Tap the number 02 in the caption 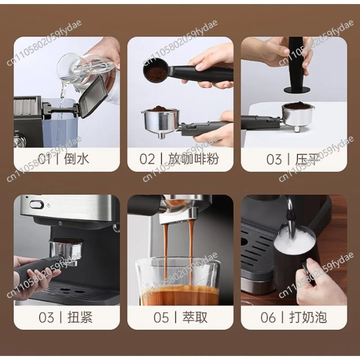coord(147,159)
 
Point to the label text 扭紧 coord(80,317)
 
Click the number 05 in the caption coord(162,317)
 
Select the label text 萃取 coord(194,317)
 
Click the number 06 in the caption coord(268,317)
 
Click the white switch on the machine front coord(34,203)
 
